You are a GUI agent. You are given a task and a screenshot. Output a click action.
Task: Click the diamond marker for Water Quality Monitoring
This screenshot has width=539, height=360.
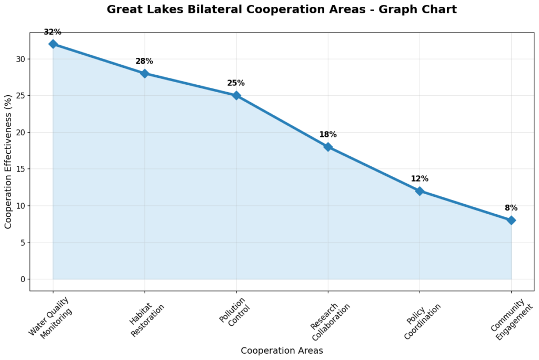point(53,44)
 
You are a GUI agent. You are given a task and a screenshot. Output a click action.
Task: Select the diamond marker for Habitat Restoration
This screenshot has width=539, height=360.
point(144,74)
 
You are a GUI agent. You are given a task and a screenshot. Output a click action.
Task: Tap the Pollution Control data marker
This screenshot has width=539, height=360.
point(236,95)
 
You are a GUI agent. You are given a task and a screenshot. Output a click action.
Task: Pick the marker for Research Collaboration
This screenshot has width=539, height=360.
point(328,147)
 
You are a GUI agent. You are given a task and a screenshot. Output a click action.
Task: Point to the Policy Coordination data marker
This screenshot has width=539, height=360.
point(420,191)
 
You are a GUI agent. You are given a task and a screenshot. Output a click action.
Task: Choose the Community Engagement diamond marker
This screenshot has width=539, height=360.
point(511,221)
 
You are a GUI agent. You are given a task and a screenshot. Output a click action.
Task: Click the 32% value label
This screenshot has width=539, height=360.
point(53,32)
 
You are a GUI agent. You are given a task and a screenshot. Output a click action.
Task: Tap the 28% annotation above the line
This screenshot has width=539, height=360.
point(144,62)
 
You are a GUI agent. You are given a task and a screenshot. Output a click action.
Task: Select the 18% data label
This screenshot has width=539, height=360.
point(328,135)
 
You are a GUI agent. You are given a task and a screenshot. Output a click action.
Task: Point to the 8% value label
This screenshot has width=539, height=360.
point(511,208)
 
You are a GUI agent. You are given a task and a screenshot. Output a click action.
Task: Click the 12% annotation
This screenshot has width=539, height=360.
point(420,179)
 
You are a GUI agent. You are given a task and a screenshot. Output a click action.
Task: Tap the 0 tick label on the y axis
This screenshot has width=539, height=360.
point(22,279)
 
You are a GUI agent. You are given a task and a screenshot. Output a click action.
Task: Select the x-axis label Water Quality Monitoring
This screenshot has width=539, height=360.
point(51,317)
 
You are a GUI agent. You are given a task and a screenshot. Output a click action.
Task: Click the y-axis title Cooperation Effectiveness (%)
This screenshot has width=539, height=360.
point(8,162)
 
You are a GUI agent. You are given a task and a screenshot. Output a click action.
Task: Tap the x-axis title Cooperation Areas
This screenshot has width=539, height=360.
point(282,351)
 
